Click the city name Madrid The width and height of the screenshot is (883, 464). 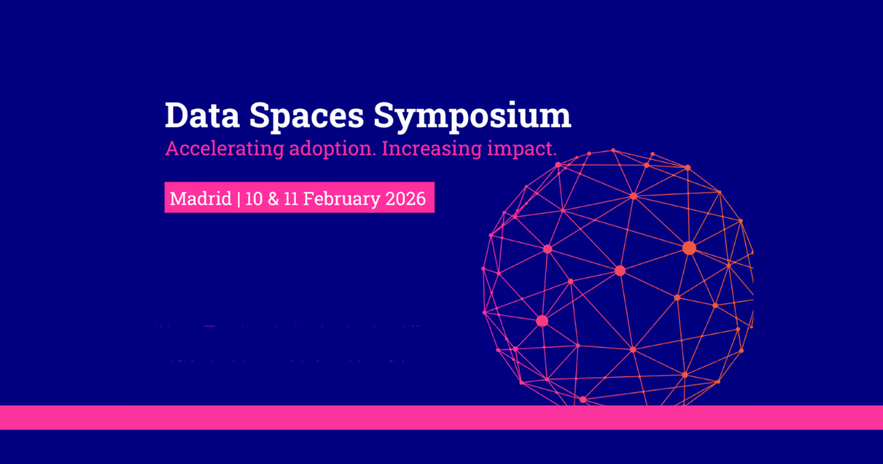pos(201,199)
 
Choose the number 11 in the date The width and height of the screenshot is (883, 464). pos(296,199)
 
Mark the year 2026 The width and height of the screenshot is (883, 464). pos(406,199)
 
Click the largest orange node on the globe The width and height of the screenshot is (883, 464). pos(689,248)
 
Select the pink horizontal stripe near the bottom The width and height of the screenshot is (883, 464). pos(441,417)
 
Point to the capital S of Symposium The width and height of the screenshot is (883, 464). pos(389,116)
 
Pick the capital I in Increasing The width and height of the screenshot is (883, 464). pos(386,149)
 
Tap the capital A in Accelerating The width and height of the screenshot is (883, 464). pos(172,149)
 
